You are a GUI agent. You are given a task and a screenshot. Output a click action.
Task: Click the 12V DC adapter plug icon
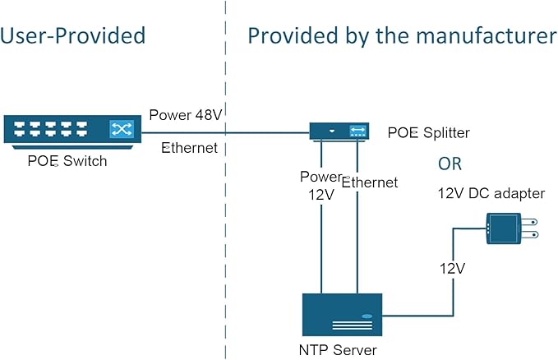(505, 228)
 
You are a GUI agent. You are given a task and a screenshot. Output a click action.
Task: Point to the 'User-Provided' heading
(73, 36)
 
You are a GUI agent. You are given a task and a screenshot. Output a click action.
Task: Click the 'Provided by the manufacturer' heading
(402, 36)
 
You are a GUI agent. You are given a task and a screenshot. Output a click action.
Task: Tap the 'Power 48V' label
(182, 115)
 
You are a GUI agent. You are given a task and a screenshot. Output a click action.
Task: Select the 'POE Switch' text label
(67, 161)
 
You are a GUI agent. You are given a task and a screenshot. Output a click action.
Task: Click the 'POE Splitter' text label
(428, 132)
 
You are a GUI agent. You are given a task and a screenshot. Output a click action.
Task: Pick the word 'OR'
(450, 164)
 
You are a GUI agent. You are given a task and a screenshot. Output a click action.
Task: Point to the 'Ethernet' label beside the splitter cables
(369, 182)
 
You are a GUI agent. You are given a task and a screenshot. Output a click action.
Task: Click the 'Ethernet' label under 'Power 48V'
(190, 148)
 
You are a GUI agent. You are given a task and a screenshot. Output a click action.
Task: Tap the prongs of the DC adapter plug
(531, 228)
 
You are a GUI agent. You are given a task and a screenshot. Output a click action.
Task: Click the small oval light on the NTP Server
(367, 316)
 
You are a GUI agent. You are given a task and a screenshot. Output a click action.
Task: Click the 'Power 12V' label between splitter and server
(320, 186)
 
